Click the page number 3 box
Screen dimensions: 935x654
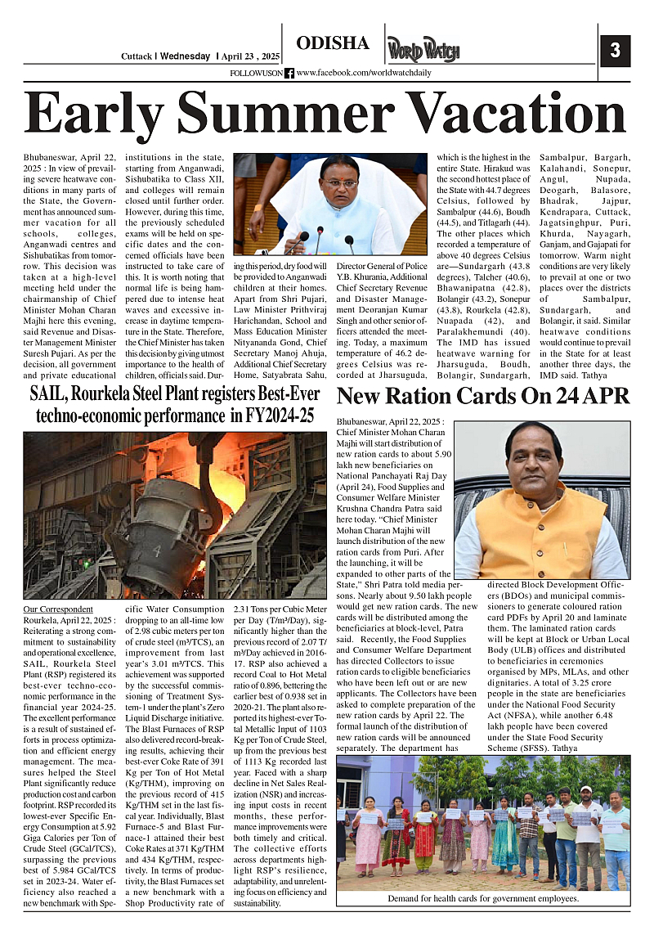point(615,51)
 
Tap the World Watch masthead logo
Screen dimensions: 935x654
point(423,49)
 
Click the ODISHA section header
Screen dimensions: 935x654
point(333,44)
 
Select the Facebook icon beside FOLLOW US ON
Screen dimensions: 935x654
point(289,74)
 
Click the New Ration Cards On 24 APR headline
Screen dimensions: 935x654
point(483,397)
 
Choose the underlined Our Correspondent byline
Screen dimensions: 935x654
point(58,609)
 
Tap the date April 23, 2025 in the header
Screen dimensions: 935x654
point(251,56)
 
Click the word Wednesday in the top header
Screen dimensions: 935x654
point(186,56)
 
